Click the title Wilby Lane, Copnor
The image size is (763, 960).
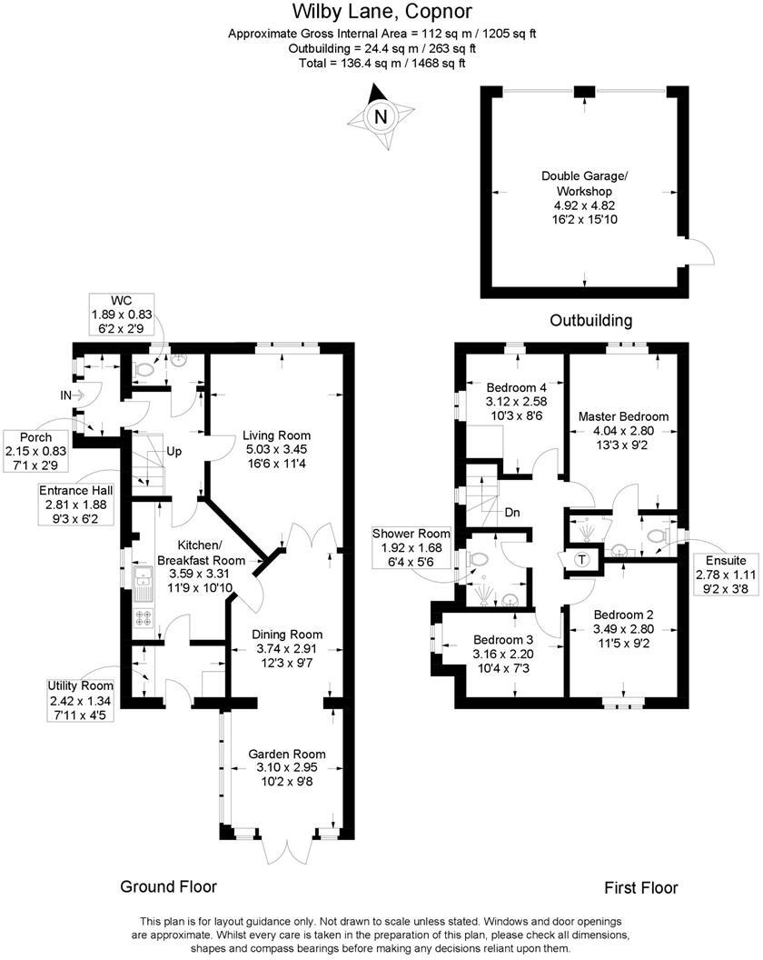381,12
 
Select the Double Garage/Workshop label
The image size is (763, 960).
584,184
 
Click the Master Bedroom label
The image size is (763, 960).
623,416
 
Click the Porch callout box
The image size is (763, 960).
32,450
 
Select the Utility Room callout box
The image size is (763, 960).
81,699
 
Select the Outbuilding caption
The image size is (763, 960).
591,321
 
